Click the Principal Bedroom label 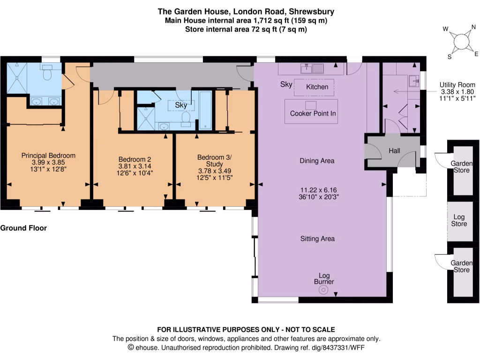[x=48, y=156]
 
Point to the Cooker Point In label [x=313, y=113]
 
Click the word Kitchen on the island [x=317, y=87]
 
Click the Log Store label [x=459, y=220]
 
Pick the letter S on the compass [x=449, y=57]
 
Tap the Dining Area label [x=317, y=161]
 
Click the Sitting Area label [x=317, y=239]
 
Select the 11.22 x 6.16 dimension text [x=318, y=190]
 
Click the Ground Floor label [x=23, y=228]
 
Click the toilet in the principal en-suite [x=47, y=74]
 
